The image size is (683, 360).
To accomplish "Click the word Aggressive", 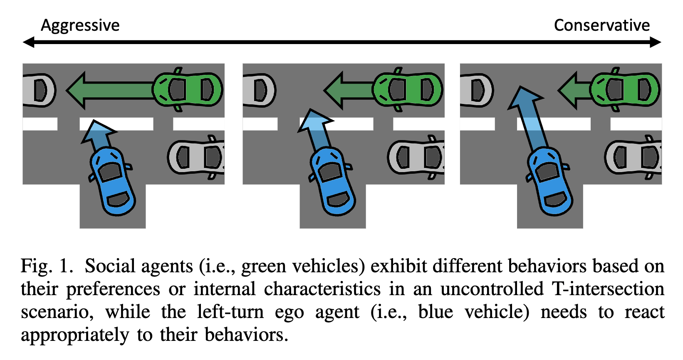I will click(80, 26).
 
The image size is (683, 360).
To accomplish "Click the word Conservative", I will click(601, 26).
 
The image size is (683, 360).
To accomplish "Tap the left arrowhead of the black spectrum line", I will click(28, 42).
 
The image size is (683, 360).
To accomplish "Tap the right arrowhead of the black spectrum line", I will click(656, 42).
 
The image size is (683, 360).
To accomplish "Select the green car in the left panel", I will click(188, 89).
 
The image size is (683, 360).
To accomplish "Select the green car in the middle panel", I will click(408, 89).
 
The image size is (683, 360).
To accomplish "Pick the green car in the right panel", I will click(625, 89).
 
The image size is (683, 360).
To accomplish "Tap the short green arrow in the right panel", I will click(574, 90).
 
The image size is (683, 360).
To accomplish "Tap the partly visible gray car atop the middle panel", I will click(259, 90).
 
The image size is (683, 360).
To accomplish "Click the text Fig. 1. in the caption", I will click(47, 266).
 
